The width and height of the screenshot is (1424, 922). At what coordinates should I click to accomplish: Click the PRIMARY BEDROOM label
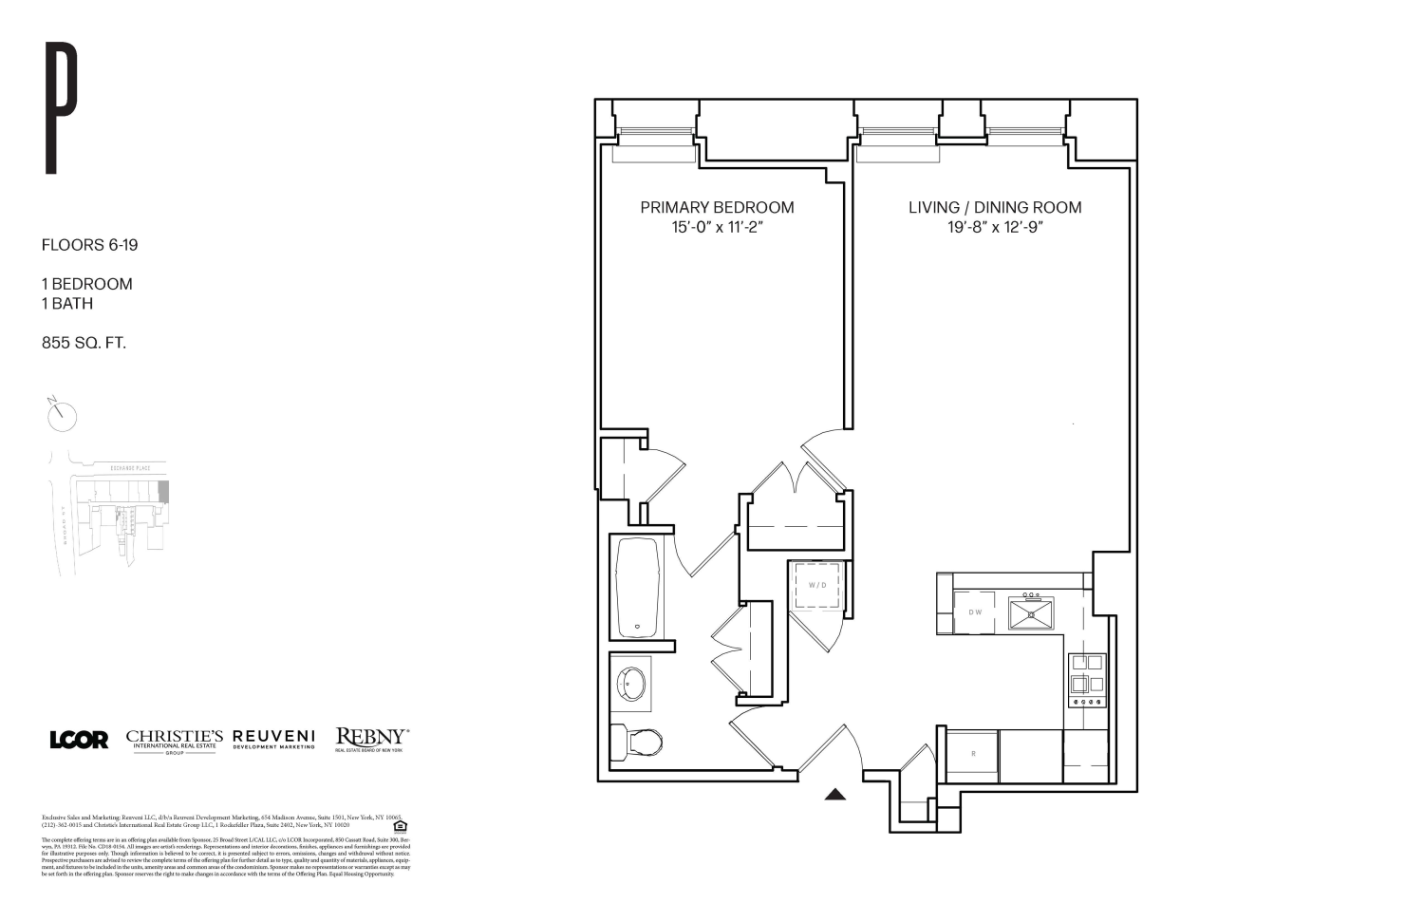[717, 207]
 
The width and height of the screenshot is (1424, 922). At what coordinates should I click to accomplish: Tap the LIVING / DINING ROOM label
[994, 207]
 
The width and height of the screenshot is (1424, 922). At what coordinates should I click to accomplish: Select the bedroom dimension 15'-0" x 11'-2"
[717, 228]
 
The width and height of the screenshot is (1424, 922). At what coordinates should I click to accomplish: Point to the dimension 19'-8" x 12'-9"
[994, 228]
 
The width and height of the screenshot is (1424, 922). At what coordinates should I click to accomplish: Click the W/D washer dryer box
[817, 586]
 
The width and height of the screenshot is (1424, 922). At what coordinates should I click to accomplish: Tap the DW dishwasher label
[975, 612]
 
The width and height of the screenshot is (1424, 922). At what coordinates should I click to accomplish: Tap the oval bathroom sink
[631, 684]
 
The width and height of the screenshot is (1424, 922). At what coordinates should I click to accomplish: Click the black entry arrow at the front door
[834, 795]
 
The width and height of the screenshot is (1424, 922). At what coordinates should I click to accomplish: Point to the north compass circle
[61, 415]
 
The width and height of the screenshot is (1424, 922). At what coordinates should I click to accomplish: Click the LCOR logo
[79, 740]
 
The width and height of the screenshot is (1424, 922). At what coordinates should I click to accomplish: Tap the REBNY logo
[371, 738]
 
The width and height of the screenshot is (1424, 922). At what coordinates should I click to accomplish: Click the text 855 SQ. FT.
[84, 343]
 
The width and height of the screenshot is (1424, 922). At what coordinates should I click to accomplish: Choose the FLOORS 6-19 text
[89, 245]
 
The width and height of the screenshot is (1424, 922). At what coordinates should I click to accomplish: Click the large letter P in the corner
[62, 107]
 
